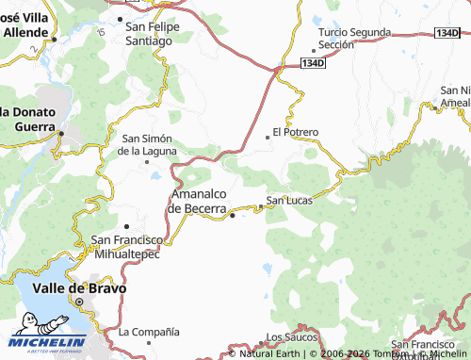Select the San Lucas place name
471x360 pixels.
[x=288, y=199]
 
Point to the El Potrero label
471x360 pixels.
[x=295, y=132]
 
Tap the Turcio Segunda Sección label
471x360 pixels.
[x=353, y=38]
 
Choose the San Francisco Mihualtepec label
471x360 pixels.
[x=126, y=247]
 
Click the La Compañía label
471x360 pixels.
[x=149, y=332]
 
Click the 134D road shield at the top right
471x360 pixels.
[x=447, y=33]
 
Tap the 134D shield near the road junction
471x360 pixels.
[x=313, y=63]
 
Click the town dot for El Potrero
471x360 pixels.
[x=268, y=137]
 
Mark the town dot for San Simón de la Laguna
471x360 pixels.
[x=148, y=161]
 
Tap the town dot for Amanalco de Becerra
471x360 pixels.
[x=233, y=216]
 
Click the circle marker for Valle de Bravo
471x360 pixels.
[x=80, y=303]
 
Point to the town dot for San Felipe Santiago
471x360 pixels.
[x=120, y=18]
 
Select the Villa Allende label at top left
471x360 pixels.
[x=25, y=25]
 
